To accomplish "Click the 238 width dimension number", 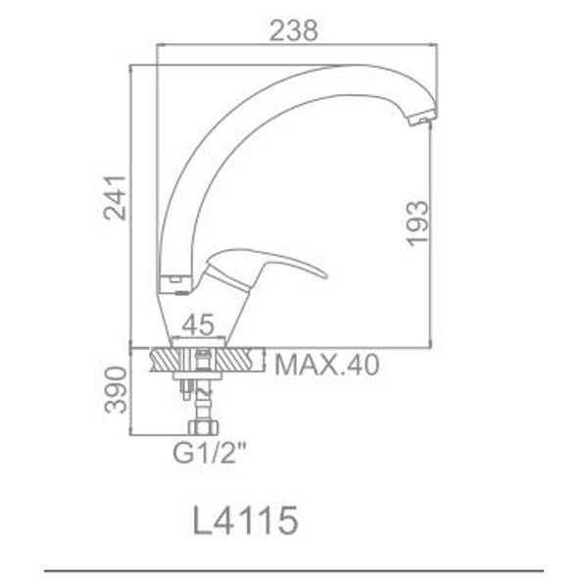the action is [x=294, y=30].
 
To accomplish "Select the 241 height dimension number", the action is [x=115, y=197].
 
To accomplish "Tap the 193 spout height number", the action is [x=417, y=223].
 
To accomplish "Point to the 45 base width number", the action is [x=198, y=324].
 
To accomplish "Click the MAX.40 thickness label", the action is [x=327, y=365].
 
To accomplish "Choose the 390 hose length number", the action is [x=116, y=390].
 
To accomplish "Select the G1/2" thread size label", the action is [x=210, y=453].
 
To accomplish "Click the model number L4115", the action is [x=246, y=520].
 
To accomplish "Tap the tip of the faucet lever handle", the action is [x=325, y=276].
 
